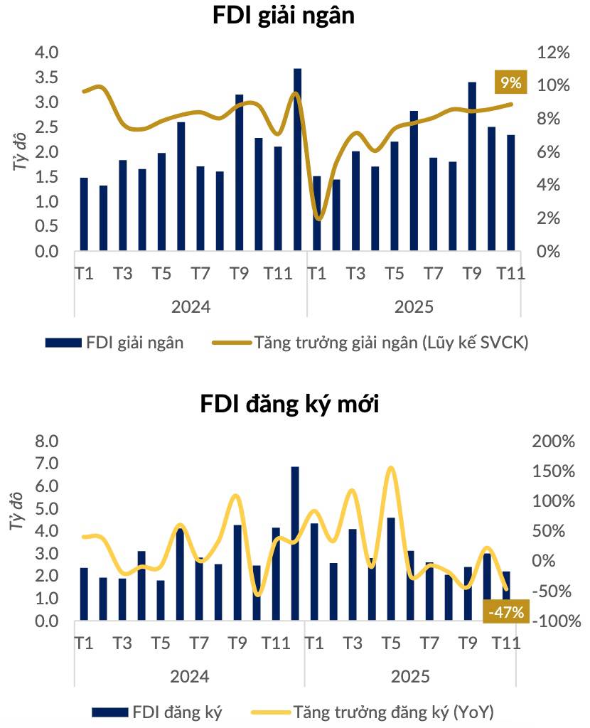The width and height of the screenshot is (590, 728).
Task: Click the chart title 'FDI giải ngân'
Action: pos(284,17)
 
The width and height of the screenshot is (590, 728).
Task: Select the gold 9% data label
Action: pos(510,82)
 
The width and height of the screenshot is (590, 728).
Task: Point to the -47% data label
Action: pos(506,611)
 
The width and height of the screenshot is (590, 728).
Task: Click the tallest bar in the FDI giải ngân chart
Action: pos(297,159)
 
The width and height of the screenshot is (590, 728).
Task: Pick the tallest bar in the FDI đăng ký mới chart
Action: pos(295,544)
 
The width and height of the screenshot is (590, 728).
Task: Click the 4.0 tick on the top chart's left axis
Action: pos(48,53)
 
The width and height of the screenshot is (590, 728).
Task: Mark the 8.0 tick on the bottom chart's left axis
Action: pos(48,441)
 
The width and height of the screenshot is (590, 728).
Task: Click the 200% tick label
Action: pos(552,441)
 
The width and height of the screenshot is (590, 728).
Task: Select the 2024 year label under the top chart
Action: pos(190,307)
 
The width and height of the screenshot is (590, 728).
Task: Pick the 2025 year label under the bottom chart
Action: pos(410,676)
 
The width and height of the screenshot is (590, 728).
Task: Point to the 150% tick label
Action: pos(552,472)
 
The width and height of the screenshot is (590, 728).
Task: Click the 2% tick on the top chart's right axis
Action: pos(538,218)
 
